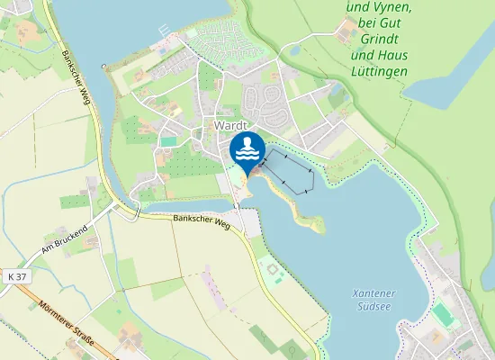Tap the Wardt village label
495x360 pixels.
point(230,125)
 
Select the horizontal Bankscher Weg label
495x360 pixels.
point(202,220)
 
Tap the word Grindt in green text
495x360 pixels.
point(379,40)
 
